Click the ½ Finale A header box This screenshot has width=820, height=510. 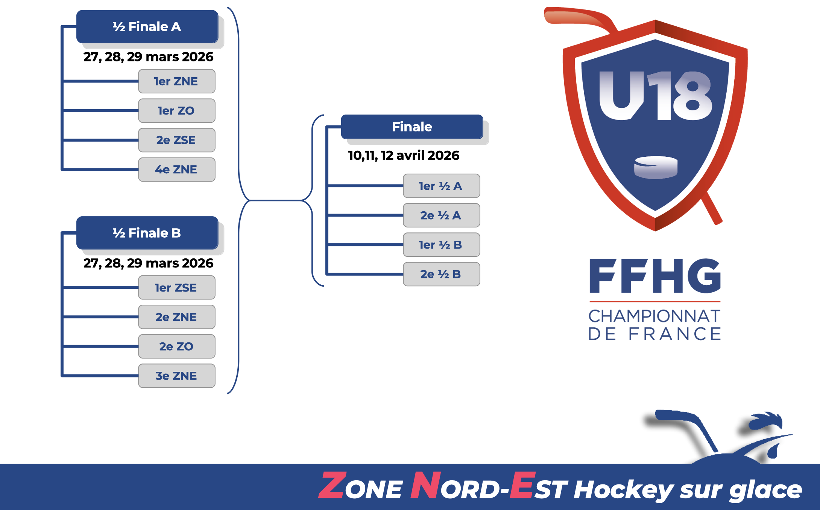pyautogui.click(x=147, y=27)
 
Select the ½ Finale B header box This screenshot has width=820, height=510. pyautogui.click(x=147, y=233)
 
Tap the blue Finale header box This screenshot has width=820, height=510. pyautogui.click(x=412, y=127)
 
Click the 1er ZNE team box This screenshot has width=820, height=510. pyautogui.click(x=177, y=81)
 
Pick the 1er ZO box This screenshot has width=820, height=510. pyautogui.click(x=177, y=110)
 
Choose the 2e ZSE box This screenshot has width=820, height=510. pyautogui.click(x=177, y=140)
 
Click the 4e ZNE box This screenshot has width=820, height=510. pyautogui.click(x=177, y=169)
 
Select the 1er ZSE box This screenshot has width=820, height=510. pyautogui.click(x=177, y=287)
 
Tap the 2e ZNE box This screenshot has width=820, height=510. pyautogui.click(x=177, y=317)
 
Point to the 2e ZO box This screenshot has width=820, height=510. pyautogui.click(x=177, y=346)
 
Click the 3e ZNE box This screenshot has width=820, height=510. pyautogui.click(x=177, y=376)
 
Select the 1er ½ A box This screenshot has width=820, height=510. pyautogui.click(x=442, y=186)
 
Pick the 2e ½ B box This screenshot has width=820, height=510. pyautogui.click(x=442, y=274)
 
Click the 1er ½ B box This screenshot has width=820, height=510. pyautogui.click(x=442, y=244)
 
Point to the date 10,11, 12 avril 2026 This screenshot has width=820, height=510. pyautogui.click(x=404, y=156)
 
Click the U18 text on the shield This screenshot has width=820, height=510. pyautogui.click(x=656, y=96)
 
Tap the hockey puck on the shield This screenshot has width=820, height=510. pyautogui.click(x=656, y=167)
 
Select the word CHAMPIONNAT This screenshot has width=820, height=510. pyautogui.click(x=654, y=316)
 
